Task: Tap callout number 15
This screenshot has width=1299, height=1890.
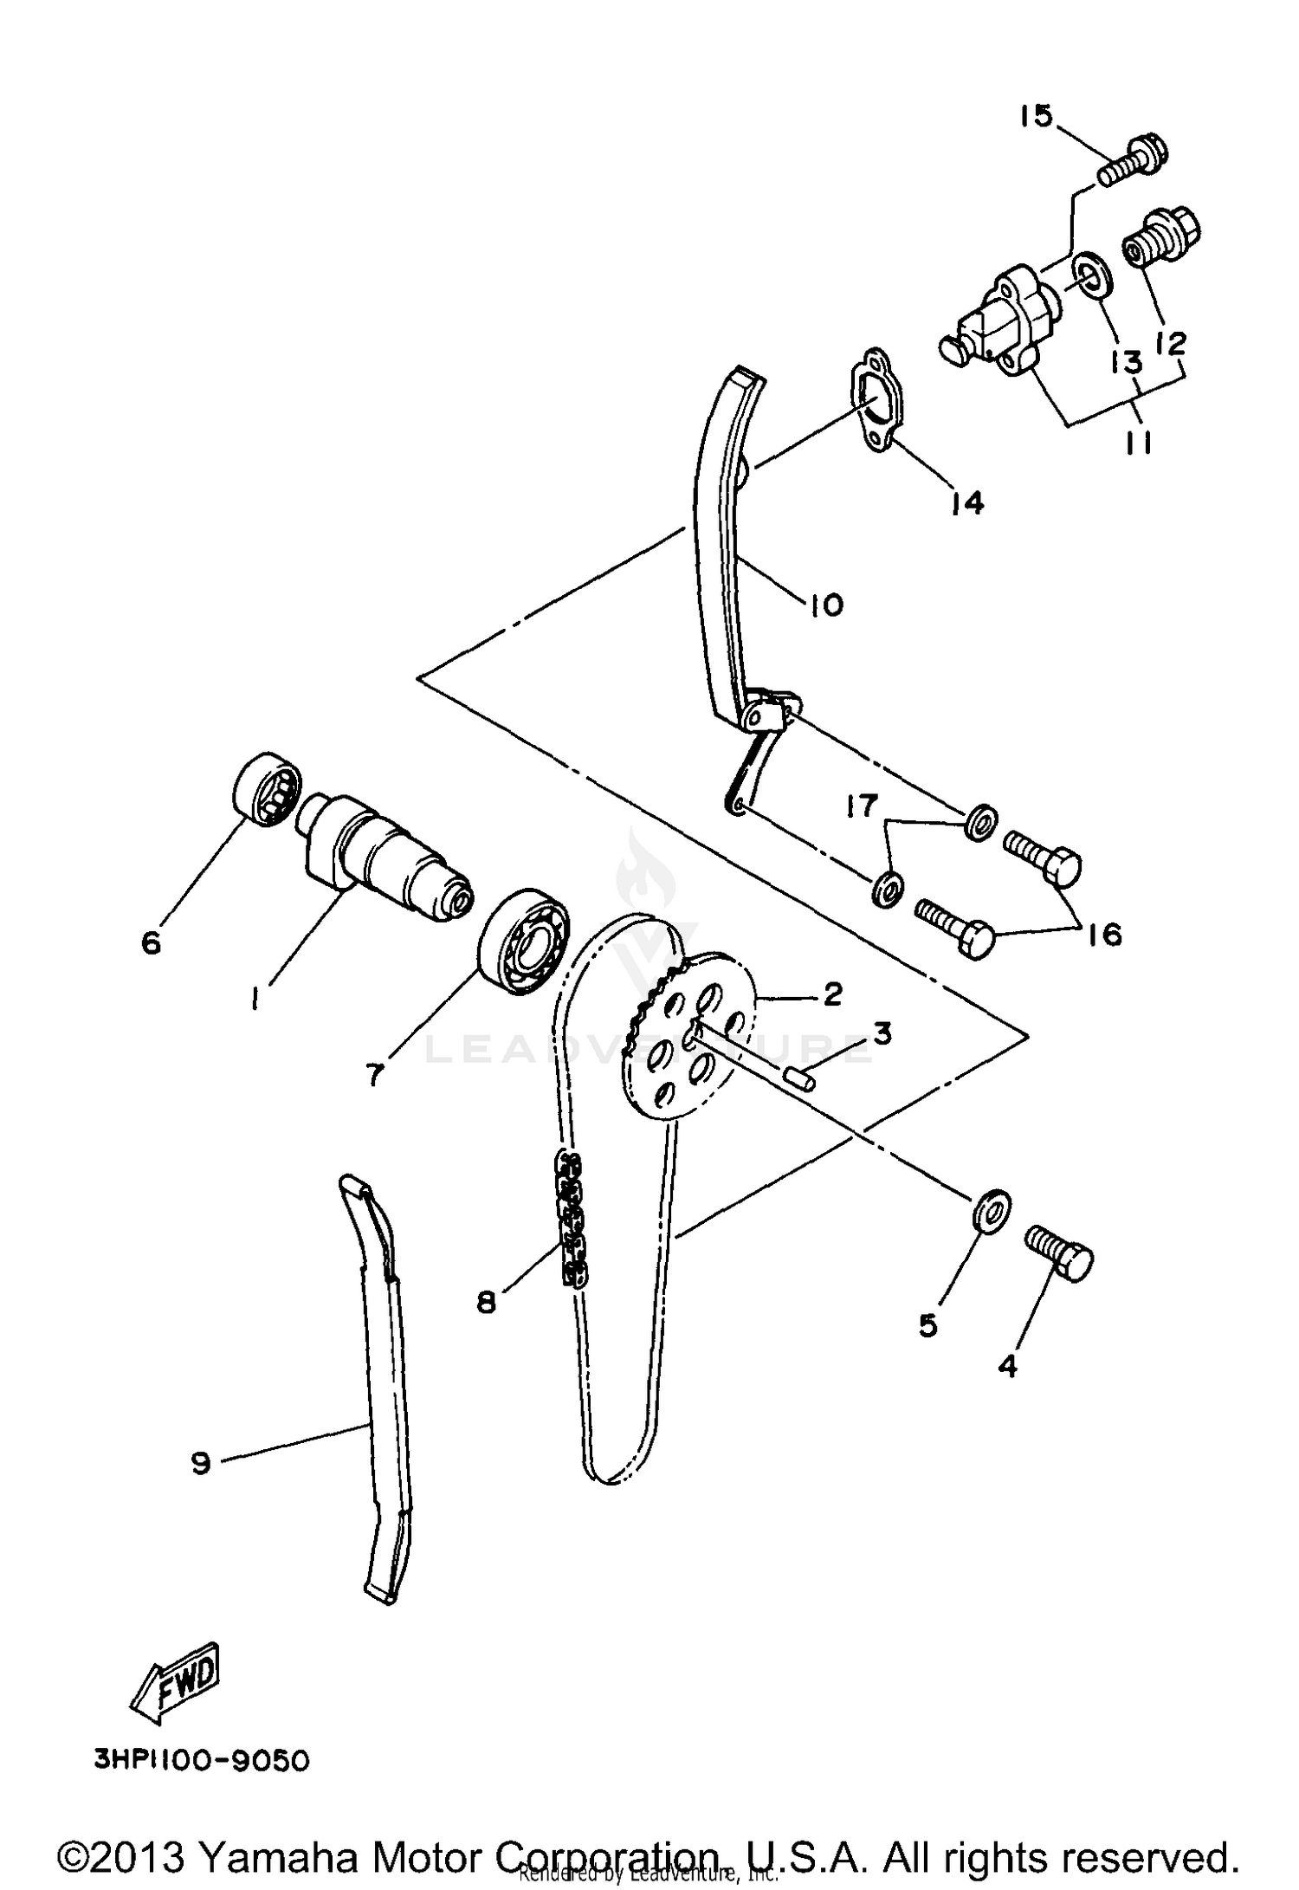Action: [1034, 115]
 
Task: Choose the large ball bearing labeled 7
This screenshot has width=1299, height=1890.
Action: [525, 940]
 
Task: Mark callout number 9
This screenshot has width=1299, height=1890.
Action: [201, 1463]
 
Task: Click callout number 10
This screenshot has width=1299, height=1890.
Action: [826, 604]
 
